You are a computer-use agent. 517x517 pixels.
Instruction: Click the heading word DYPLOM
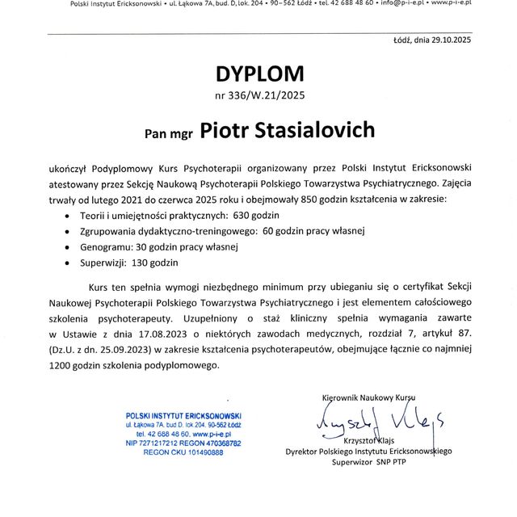point(259,74)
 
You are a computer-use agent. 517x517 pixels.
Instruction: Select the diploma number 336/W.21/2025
point(259,96)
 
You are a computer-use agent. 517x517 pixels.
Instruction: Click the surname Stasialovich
point(305,130)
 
